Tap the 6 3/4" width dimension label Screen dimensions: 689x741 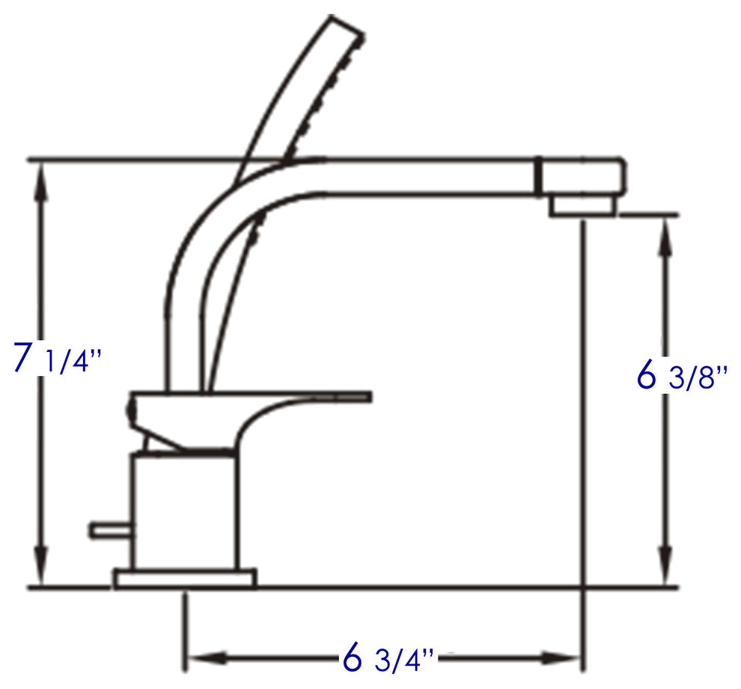click(x=388, y=659)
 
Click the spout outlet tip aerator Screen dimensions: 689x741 click(x=585, y=205)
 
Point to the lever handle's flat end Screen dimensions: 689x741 click(x=359, y=395)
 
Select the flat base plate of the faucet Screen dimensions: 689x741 click(x=184, y=577)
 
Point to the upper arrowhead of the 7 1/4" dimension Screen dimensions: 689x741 click(x=42, y=177)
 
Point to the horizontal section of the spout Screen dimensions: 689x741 click(x=427, y=177)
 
